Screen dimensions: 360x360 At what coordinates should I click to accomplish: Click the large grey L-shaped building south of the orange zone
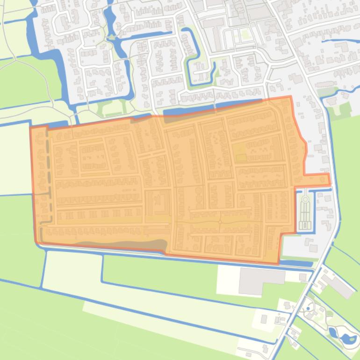(255, 281)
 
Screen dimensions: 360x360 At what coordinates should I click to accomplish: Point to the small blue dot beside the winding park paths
(309, 309)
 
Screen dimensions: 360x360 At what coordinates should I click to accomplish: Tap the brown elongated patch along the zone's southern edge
(126, 244)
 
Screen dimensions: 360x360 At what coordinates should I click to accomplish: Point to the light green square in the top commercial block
(243, 34)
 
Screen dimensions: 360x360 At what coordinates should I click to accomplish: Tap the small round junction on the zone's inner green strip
(220, 220)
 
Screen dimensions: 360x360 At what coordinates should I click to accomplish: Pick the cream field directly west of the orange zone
(15, 159)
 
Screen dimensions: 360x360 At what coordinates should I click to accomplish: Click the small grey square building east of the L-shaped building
(302, 277)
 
